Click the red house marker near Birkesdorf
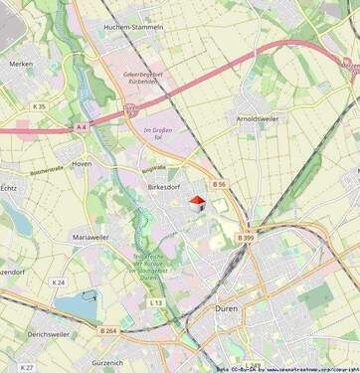pos(196,203)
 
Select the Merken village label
pos(21,64)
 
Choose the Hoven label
pos(83,162)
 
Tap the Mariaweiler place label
pos(92,238)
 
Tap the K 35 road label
pos(39,105)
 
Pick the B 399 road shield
pos(246,238)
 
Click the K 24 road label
pos(59,282)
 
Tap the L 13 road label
pos(155,302)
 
